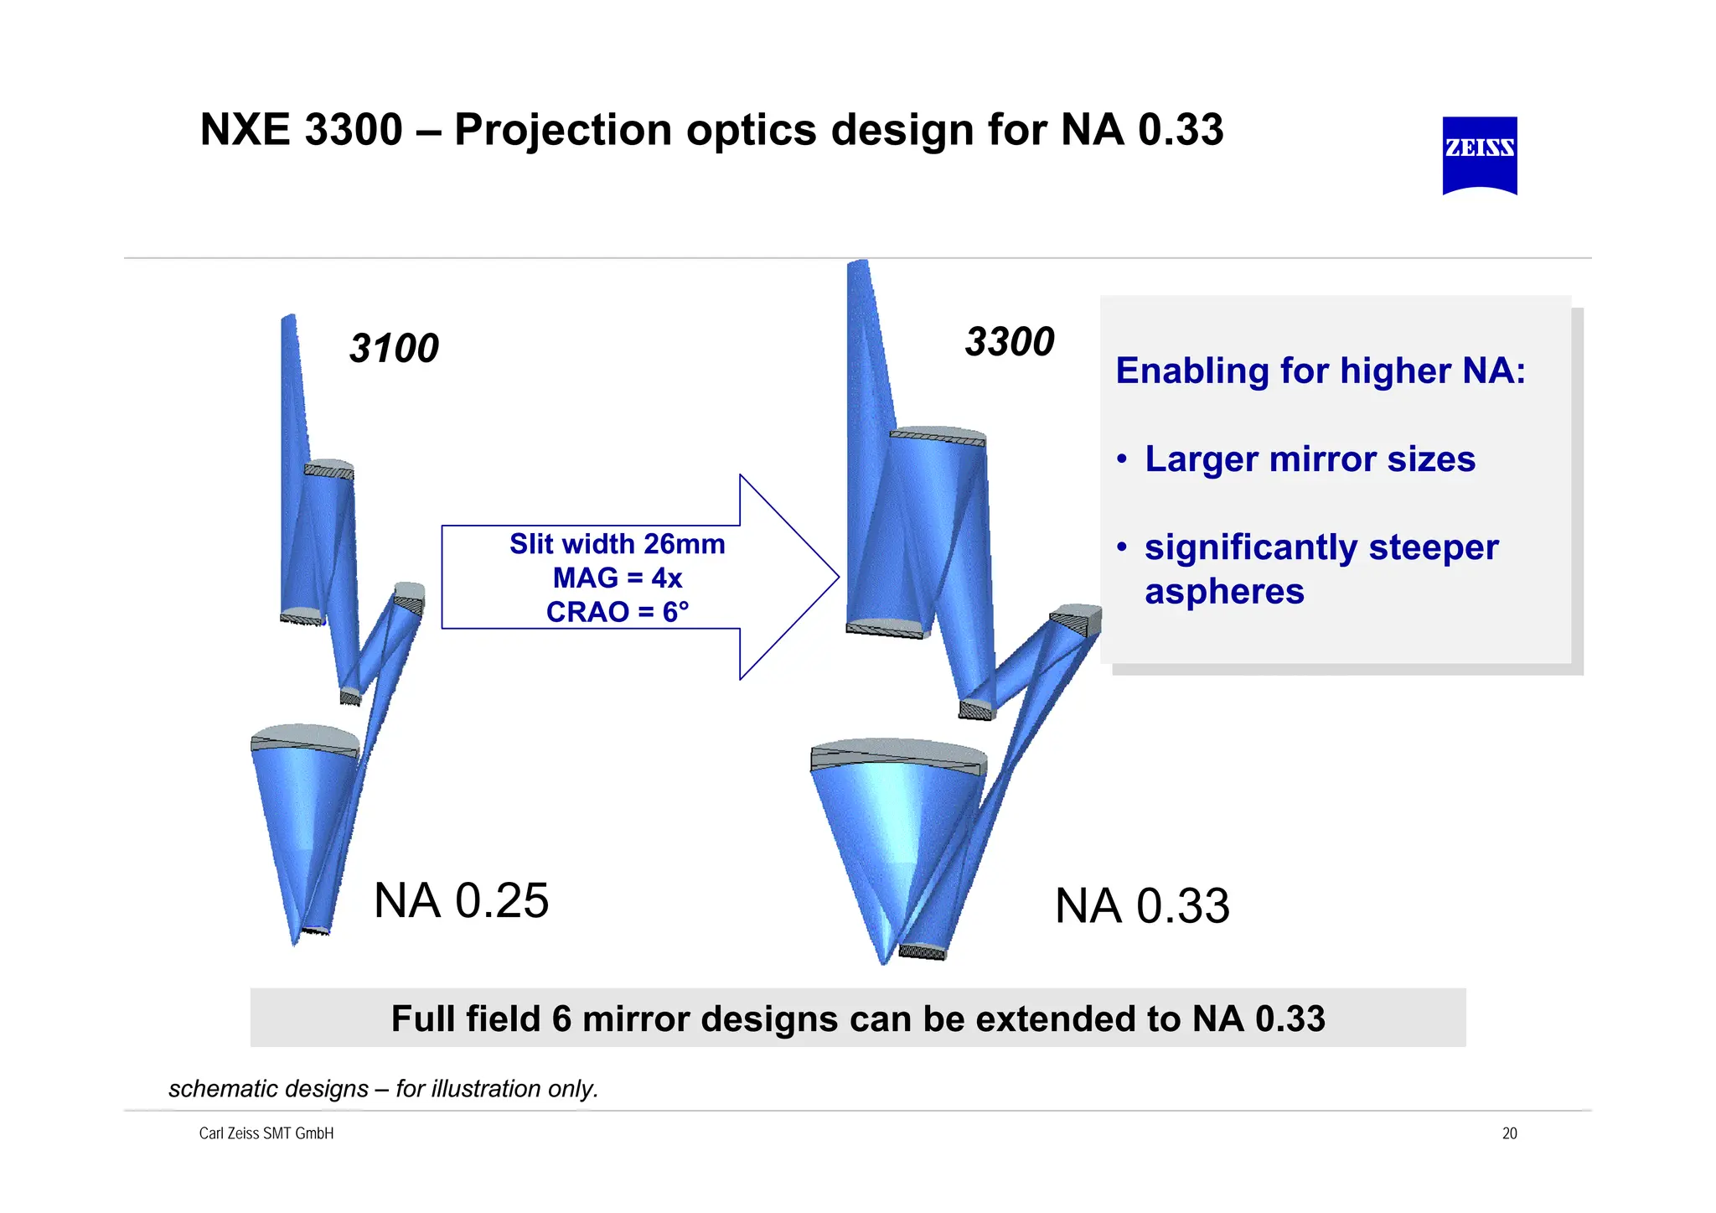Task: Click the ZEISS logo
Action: click(1479, 155)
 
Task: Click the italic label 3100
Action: click(393, 349)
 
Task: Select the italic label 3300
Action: click(1009, 342)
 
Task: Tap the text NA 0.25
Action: click(461, 901)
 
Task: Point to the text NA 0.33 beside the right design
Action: click(1141, 907)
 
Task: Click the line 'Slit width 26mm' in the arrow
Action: click(617, 544)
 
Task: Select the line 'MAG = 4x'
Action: click(617, 578)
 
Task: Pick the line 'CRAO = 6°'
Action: click(617, 612)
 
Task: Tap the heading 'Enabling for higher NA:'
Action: click(1320, 371)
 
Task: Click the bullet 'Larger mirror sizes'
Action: click(1309, 459)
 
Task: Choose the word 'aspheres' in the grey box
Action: click(1224, 592)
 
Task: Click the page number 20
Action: click(1509, 1133)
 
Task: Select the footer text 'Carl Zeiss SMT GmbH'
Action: click(266, 1133)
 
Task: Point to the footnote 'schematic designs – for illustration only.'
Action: click(383, 1089)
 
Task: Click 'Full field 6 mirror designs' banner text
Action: click(857, 1019)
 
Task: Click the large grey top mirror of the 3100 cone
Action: click(304, 738)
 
